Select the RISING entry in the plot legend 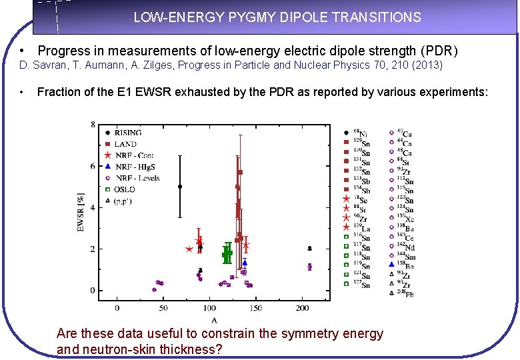click(x=128, y=133)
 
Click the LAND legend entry click(x=126, y=144)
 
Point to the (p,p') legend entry click(x=125, y=201)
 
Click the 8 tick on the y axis click(x=93, y=125)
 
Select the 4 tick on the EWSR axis click(x=93, y=207)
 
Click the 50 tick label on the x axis click(x=163, y=307)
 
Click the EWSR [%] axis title click(x=82, y=211)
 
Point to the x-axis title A click(x=213, y=320)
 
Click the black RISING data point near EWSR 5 click(x=180, y=187)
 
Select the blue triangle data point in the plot click(x=245, y=263)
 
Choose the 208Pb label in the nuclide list click(x=405, y=293)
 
